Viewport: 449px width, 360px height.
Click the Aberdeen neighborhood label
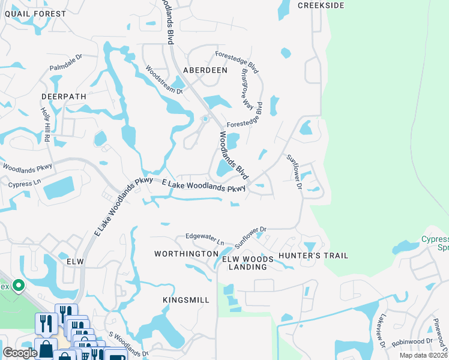(205, 70)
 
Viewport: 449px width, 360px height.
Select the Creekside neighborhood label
(321, 5)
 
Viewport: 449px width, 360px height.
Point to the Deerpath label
(64, 96)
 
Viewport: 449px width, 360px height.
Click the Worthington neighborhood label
(185, 254)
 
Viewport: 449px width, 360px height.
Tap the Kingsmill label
(186, 299)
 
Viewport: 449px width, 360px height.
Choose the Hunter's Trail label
(319, 256)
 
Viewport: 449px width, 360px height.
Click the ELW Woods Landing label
(248, 263)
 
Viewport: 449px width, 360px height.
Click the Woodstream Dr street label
(164, 79)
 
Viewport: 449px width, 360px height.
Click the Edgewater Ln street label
(204, 239)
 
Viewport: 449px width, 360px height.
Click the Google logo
(19, 353)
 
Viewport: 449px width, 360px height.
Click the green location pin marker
(19, 286)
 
